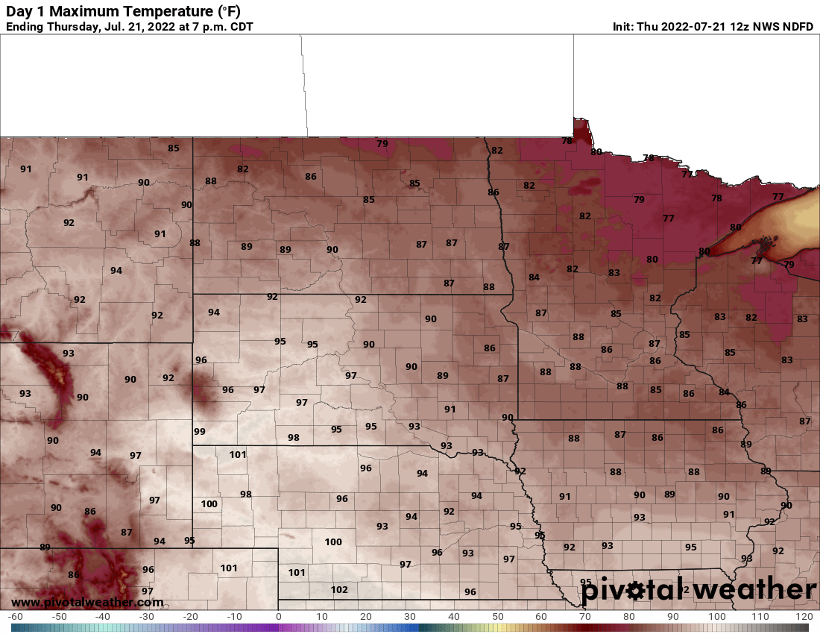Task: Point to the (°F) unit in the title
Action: (x=224, y=11)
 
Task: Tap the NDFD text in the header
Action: (x=797, y=27)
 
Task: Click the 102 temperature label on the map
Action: (x=339, y=590)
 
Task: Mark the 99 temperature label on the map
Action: (x=199, y=432)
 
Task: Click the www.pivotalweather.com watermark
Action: (x=87, y=602)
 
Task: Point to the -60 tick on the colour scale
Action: (x=15, y=617)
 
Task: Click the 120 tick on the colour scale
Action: (x=804, y=617)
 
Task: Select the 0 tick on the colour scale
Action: (x=278, y=617)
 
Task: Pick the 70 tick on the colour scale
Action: (x=584, y=617)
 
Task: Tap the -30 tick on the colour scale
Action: (x=146, y=617)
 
